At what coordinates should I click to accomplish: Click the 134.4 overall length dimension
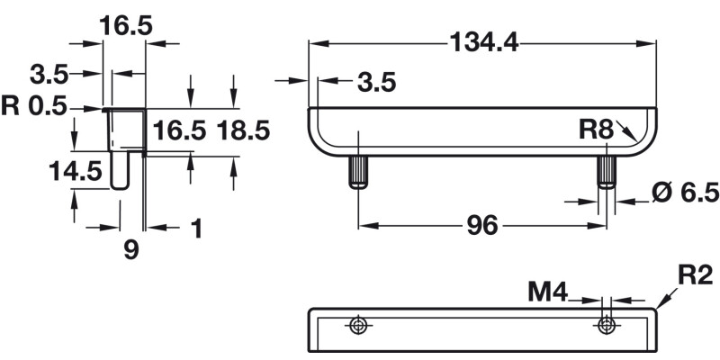point(483,43)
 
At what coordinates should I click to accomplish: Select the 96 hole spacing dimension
point(482,226)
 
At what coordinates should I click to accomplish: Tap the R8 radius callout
point(596,130)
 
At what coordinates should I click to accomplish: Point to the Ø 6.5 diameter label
point(685,192)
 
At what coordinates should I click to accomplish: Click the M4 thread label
point(548,292)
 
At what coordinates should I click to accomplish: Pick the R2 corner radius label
point(695,276)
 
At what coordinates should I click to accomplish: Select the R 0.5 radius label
point(33,106)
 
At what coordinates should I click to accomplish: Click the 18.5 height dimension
point(243,130)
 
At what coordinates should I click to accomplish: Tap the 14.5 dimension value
point(76,172)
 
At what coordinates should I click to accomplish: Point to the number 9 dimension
point(131,250)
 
